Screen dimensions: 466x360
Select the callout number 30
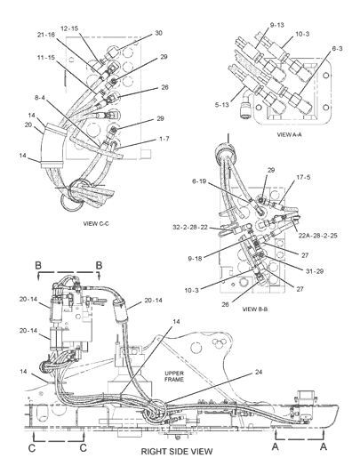158,33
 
